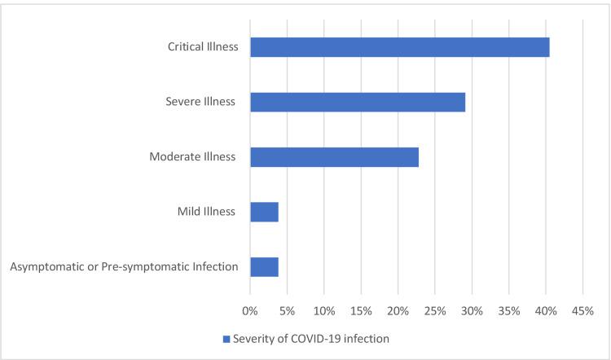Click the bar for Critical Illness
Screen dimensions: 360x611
(399, 47)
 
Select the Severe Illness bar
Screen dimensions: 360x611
(358, 102)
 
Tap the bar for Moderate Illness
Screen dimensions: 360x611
(334, 157)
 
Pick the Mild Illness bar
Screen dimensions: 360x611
(264, 212)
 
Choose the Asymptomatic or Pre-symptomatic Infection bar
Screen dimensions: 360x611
(264, 267)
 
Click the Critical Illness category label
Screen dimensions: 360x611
(199, 47)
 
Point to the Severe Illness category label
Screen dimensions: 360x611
(200, 102)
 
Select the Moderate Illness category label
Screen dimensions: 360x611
(193, 157)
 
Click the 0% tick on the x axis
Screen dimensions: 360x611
(250, 311)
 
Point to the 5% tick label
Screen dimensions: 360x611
(287, 311)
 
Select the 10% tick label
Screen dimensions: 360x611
(324, 311)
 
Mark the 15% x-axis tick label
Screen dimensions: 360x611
(361, 311)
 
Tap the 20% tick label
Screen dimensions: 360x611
(398, 311)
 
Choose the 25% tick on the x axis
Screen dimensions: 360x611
(435, 311)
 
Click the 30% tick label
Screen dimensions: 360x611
(472, 311)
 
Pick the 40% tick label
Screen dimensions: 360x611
(546, 311)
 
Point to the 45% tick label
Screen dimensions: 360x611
(582, 311)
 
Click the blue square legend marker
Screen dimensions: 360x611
(226, 339)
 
